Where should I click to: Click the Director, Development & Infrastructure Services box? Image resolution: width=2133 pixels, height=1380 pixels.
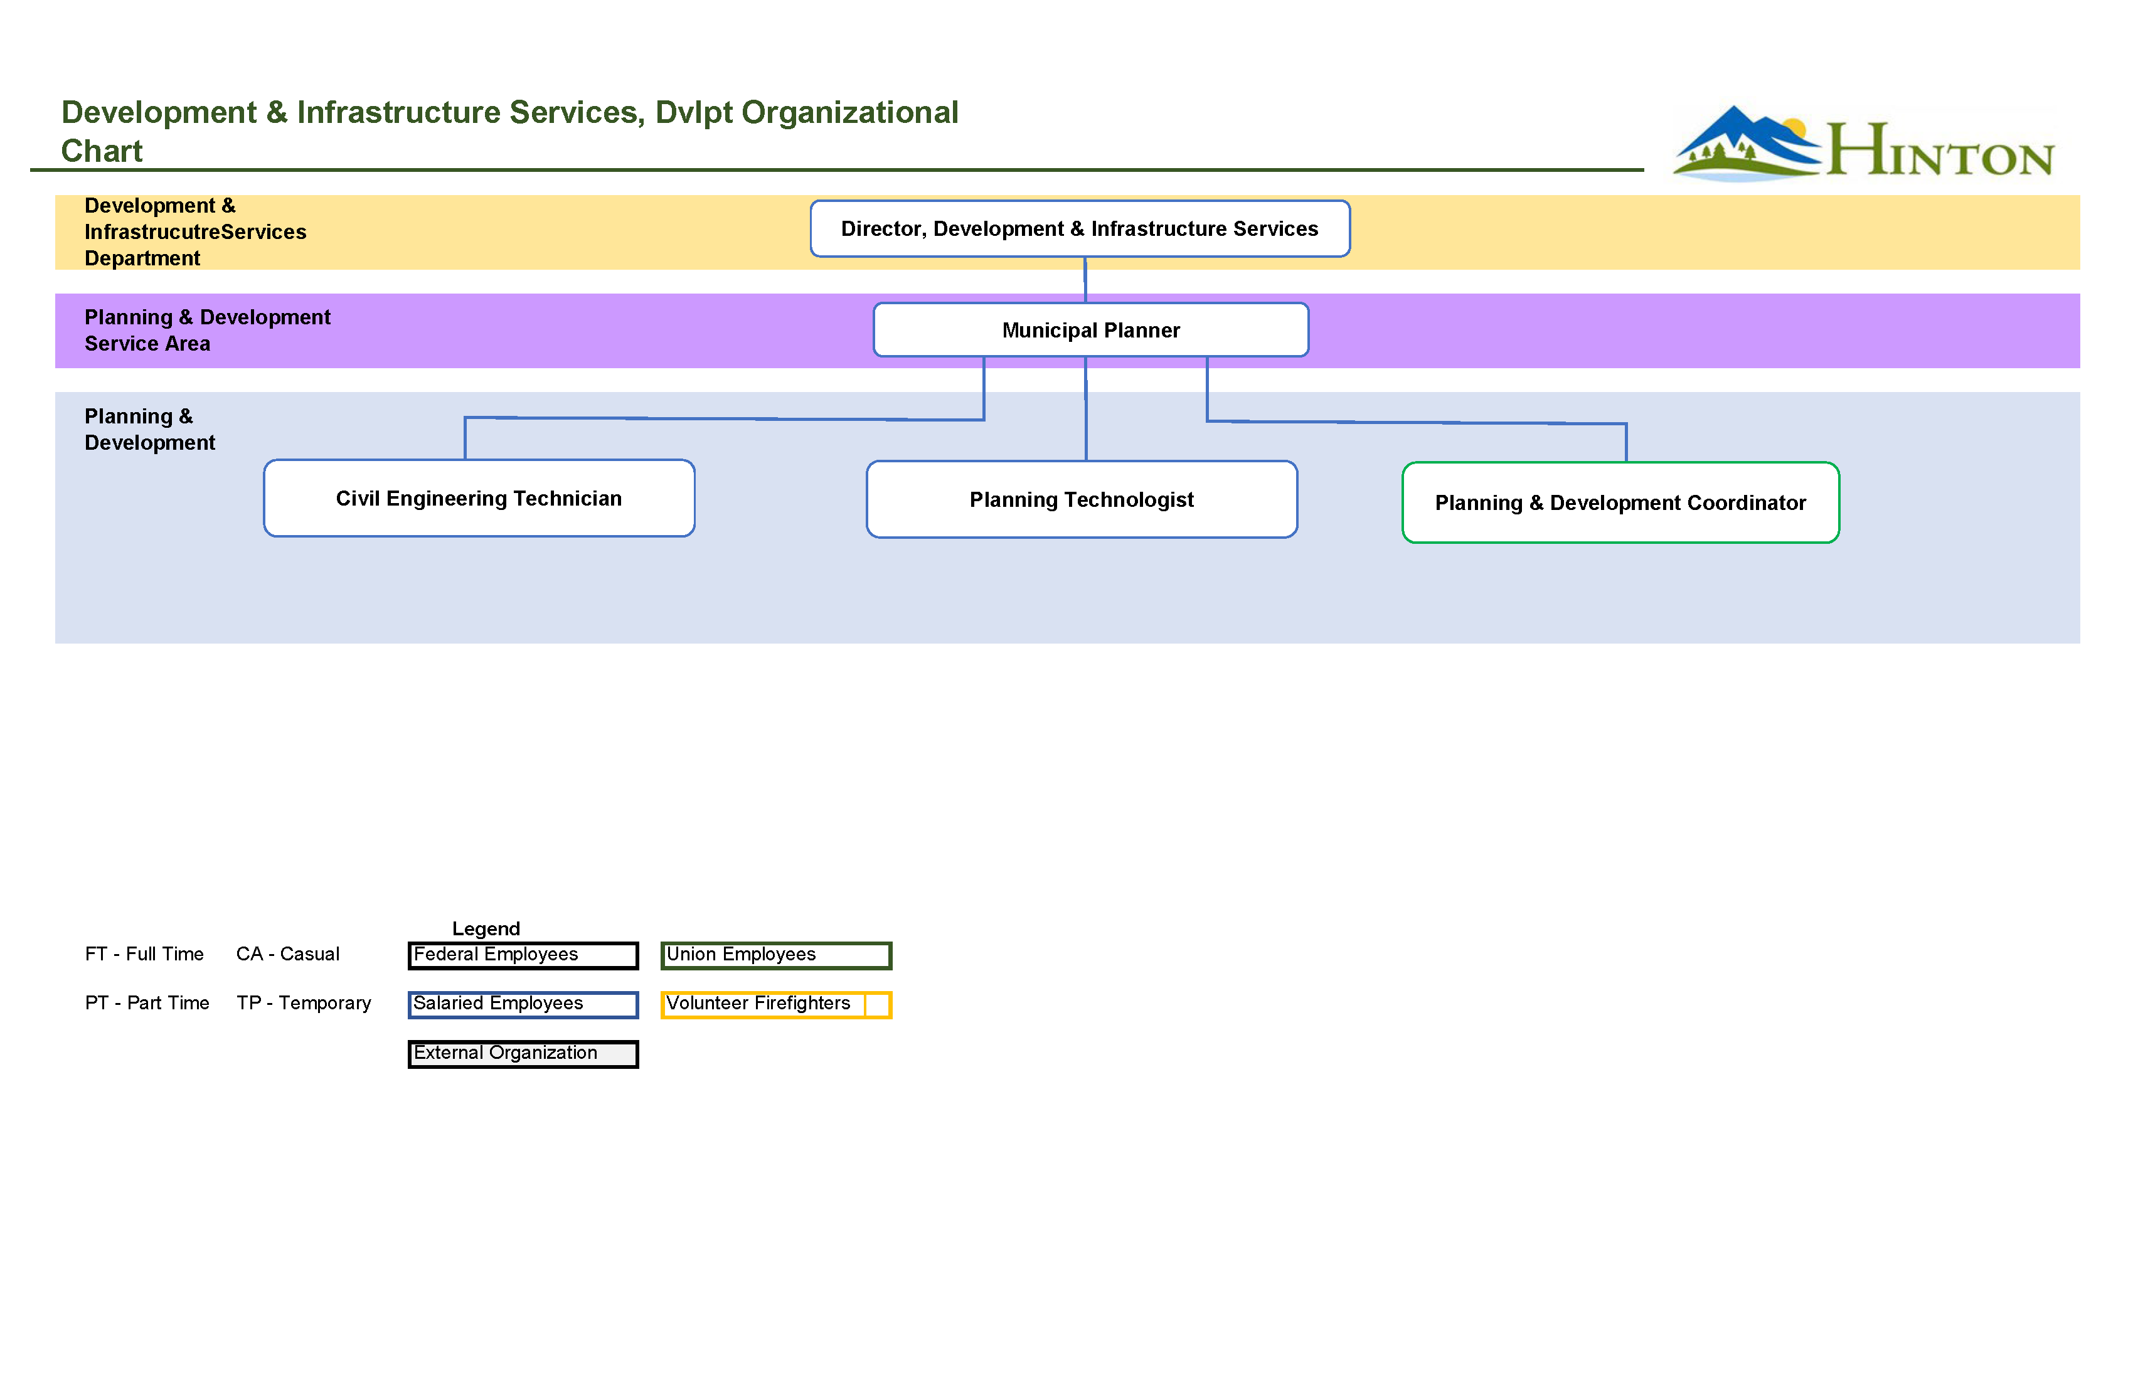tap(1080, 228)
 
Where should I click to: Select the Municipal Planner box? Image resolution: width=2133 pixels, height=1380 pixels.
tap(1091, 330)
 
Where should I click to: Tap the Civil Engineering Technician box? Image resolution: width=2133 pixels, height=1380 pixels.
tap(479, 498)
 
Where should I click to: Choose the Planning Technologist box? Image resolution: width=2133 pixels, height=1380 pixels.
tap(1082, 499)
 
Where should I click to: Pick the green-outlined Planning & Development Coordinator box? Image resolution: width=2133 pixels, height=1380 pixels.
tap(1620, 502)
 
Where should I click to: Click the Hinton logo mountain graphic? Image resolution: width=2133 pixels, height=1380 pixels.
tap(1743, 144)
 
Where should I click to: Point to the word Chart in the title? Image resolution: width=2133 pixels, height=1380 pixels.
tap(101, 151)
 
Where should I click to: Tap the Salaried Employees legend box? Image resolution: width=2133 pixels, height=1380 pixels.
tap(523, 1004)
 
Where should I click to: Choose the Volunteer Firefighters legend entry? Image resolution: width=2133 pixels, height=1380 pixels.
tap(776, 1004)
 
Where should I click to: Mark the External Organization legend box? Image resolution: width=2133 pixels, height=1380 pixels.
tap(523, 1054)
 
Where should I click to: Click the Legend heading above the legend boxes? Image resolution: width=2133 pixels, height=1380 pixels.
tap(486, 928)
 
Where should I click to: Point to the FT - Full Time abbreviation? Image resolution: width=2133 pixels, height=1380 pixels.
tap(144, 954)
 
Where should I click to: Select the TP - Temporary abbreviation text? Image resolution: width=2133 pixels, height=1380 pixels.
tap(304, 1003)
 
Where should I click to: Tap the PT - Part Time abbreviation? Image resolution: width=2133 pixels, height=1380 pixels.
tap(147, 1003)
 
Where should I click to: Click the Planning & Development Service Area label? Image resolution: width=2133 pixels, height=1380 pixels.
tap(207, 330)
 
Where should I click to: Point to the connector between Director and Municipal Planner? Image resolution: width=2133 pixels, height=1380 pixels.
tap(1085, 280)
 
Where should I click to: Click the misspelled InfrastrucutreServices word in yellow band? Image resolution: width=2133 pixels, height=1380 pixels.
tap(195, 232)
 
